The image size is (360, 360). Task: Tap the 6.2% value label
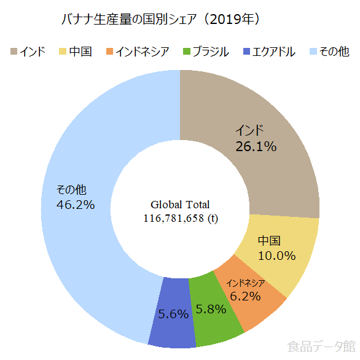pos(245,296)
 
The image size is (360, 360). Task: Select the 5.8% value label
pos(211,309)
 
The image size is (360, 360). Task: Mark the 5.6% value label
pos(173,314)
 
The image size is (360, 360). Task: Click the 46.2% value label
pos(76,205)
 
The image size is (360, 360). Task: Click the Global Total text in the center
pos(180,205)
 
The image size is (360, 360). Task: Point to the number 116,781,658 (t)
pos(180,218)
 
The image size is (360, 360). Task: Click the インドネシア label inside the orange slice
pos(246,283)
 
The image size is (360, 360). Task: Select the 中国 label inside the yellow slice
pos(269,241)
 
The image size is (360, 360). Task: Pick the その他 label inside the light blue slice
pos(71,190)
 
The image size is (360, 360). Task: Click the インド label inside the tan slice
pos(250,131)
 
